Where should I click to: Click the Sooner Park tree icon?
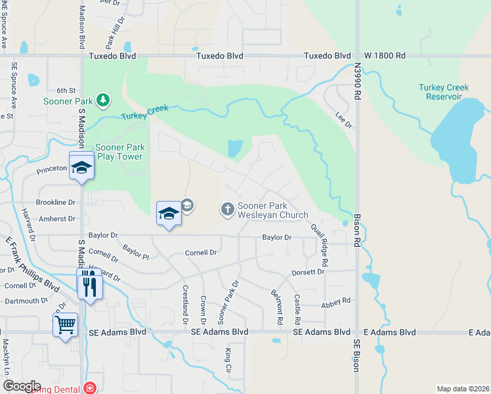102,100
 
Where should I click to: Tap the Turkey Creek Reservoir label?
444,92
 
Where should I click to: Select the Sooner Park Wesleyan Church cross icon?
227,209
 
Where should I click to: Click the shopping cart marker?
66,324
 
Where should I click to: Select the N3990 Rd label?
357,82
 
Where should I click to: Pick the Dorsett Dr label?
309,272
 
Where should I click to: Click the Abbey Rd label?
336,301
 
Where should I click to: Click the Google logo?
22,386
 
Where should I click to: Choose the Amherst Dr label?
57,219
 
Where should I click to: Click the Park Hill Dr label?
115,33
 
